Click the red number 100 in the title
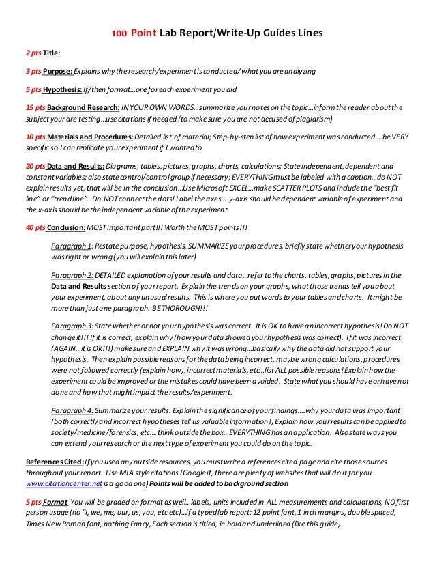120,33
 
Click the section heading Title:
52,52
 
